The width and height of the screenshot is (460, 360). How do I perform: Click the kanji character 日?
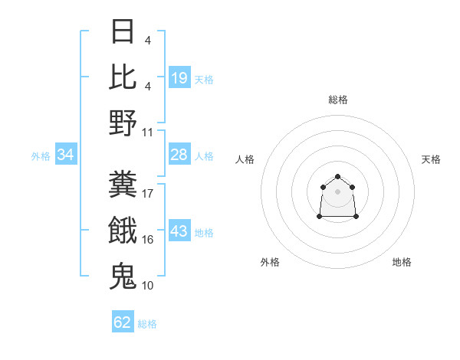tap(123, 32)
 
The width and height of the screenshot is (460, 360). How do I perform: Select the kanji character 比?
tap(123, 77)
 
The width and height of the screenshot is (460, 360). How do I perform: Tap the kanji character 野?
tap(123, 123)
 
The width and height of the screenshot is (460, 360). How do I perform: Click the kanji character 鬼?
tap(123, 277)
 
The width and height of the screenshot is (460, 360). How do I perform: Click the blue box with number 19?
tap(179, 78)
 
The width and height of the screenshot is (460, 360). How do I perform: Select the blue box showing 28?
tap(179, 155)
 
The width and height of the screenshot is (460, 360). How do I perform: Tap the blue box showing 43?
tap(179, 232)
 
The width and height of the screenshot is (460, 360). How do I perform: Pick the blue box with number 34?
tap(66, 155)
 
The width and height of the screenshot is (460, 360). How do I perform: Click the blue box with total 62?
tap(123, 322)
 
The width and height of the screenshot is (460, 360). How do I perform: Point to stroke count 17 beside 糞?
tap(148, 194)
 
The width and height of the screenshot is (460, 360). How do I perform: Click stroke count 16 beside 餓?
tap(148, 240)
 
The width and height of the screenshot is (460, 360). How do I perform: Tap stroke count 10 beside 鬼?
tap(148, 286)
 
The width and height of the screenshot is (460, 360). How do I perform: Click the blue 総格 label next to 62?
tap(147, 324)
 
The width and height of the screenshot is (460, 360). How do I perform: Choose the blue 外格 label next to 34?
tap(41, 156)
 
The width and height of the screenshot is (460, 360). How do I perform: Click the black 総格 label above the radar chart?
tap(338, 100)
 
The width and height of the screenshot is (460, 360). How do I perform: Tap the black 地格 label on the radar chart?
tap(402, 262)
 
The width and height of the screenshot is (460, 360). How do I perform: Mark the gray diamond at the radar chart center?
tap(338, 191)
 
